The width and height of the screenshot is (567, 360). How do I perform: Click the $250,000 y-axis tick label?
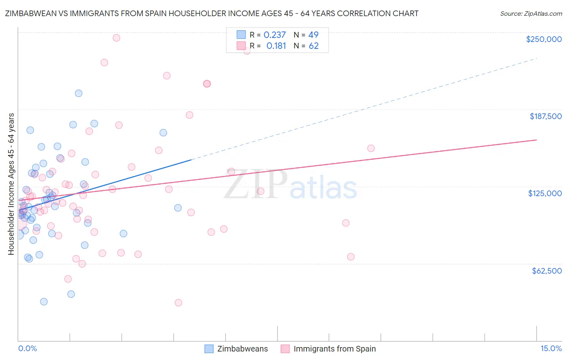544,39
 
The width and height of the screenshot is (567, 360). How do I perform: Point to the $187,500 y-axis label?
545,116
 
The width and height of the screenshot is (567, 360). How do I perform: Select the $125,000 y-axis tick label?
545,193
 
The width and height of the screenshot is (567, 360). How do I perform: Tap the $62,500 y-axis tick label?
546,271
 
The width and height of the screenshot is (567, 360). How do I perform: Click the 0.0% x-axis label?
27,349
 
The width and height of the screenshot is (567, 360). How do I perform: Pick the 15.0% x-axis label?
551,349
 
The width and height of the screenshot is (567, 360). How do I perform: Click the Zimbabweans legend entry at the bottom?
242,349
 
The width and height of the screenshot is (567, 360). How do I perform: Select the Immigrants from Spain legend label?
334,349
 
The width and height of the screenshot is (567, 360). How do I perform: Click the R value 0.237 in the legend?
275,35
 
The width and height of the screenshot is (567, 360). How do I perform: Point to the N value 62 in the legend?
314,46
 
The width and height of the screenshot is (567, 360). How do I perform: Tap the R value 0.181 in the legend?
276,46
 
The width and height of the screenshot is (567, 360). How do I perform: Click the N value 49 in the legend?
313,35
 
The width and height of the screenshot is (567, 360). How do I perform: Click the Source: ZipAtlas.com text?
531,14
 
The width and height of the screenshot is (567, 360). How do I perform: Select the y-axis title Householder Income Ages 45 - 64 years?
11,184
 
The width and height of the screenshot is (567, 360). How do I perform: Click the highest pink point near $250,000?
116,38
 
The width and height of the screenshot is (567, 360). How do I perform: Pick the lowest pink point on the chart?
178,303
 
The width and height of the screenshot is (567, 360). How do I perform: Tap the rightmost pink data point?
371,149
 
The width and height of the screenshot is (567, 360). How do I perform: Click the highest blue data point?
79,93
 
